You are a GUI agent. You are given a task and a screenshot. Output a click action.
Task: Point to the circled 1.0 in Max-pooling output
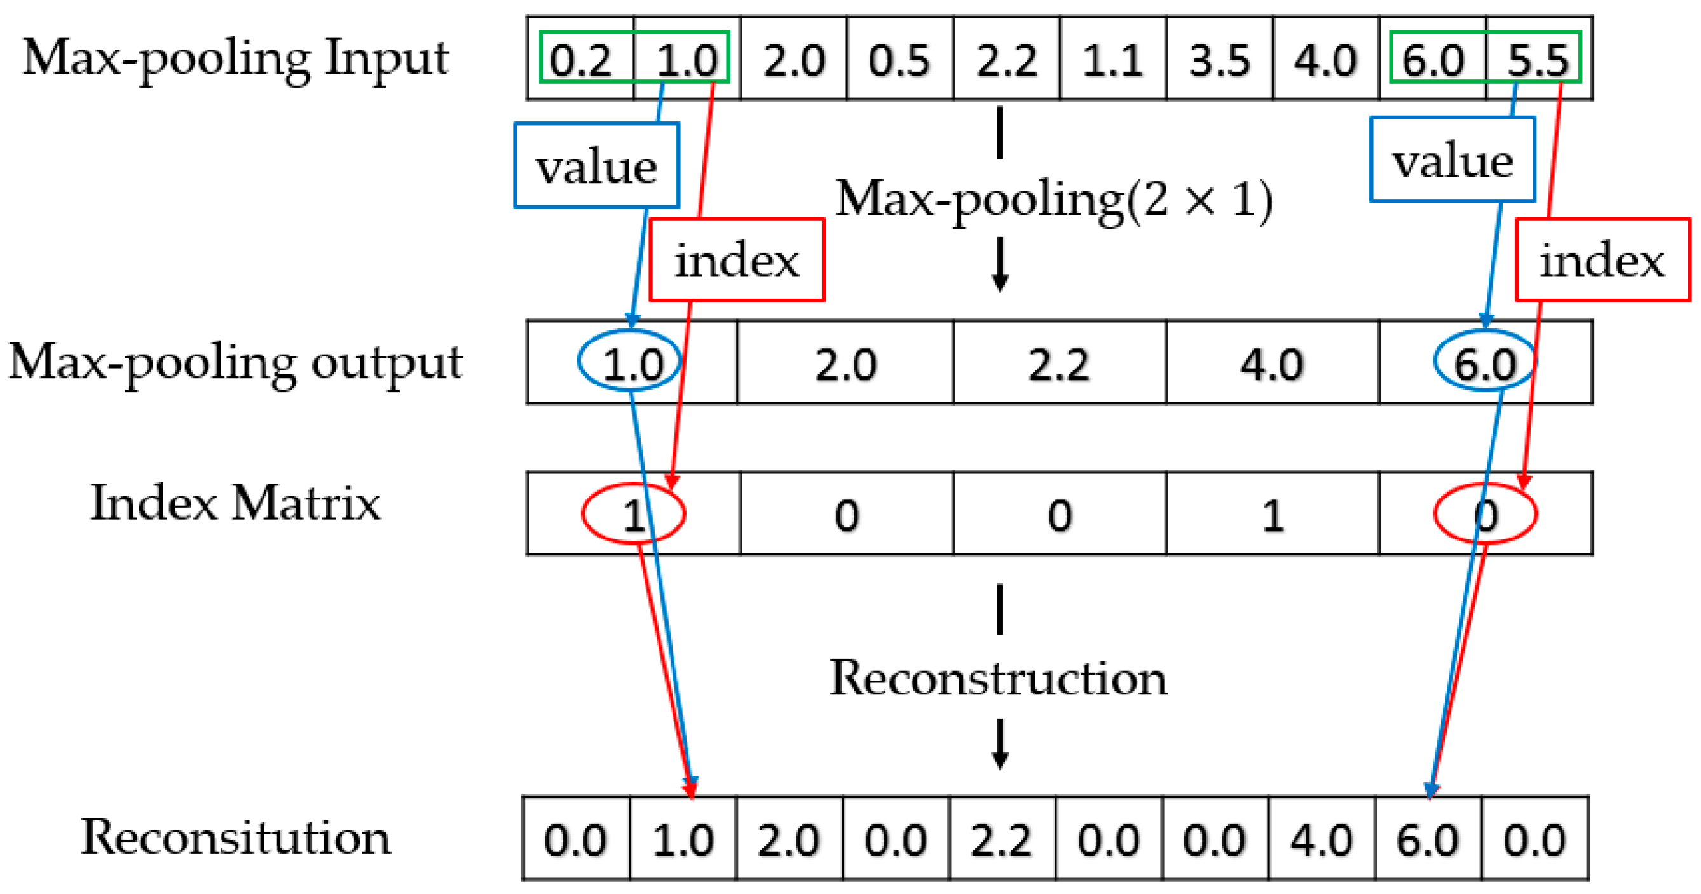pos(631,362)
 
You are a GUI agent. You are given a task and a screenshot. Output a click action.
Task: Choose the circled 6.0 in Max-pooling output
pos(1485,362)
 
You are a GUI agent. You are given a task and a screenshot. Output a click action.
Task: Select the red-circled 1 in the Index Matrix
pos(633,514)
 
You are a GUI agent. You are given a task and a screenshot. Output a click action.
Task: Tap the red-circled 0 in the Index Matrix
pos(1486,514)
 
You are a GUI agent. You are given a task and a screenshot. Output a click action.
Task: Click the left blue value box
pos(597,166)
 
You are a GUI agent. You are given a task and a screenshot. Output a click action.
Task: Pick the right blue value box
pos(1452,159)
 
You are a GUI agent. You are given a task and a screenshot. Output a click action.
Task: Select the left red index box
pos(737,260)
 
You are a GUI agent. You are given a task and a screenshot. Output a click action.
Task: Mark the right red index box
pos(1602,260)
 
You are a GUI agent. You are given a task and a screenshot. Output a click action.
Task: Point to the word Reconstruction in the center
pos(999,678)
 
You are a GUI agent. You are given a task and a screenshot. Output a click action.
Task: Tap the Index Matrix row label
pos(236,503)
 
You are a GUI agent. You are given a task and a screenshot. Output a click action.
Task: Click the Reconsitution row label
pos(236,837)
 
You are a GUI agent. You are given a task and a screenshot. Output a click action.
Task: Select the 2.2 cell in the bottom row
pos(1002,840)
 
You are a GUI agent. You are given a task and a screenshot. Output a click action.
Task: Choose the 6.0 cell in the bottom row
pos(1428,840)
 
